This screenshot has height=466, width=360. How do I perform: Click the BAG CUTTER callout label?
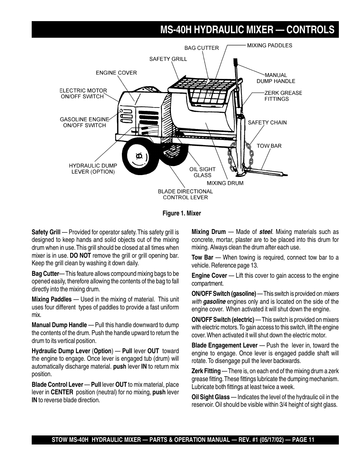pos(201,48)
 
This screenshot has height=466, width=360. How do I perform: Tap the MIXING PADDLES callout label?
pos(269,45)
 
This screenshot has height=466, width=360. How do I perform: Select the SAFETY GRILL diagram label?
pos(168,59)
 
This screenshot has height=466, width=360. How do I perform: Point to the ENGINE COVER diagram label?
pos(116,73)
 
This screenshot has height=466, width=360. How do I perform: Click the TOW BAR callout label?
pos(269,146)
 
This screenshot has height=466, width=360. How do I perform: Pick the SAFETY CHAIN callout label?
pos(267,122)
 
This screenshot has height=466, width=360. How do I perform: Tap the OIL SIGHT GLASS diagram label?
pos(202,172)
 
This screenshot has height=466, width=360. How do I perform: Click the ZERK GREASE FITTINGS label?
pos(283,96)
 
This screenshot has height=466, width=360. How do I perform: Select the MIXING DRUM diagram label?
pos(225,183)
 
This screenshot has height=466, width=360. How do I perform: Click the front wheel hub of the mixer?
pos(138,155)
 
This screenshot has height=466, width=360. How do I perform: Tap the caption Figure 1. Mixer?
pos(182,213)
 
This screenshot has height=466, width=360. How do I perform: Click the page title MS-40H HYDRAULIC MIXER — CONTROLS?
pos(247,30)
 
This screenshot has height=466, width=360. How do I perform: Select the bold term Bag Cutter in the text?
pos(45,274)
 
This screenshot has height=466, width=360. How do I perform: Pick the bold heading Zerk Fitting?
pos(206,371)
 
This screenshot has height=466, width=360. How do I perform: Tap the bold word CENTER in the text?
pos(62,392)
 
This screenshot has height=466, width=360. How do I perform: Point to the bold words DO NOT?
pos(80,255)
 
